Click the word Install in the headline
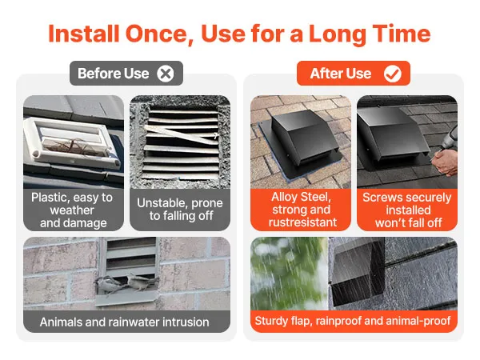pos(83,34)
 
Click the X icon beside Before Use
pos(166,74)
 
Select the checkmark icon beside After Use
pos(393,74)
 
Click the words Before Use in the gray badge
pos(114,74)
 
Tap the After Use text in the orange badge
pos(341,74)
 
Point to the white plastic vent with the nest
pos(72,142)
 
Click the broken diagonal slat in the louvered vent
pos(182,134)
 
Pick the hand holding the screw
pos(446,162)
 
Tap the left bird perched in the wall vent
pos(110,285)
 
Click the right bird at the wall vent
pos(142,282)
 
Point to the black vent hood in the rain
pos(358,273)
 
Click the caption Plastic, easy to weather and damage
pos(73,210)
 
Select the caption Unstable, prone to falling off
pos(180,209)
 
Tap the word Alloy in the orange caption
pos(283,197)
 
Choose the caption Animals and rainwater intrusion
pos(124,322)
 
